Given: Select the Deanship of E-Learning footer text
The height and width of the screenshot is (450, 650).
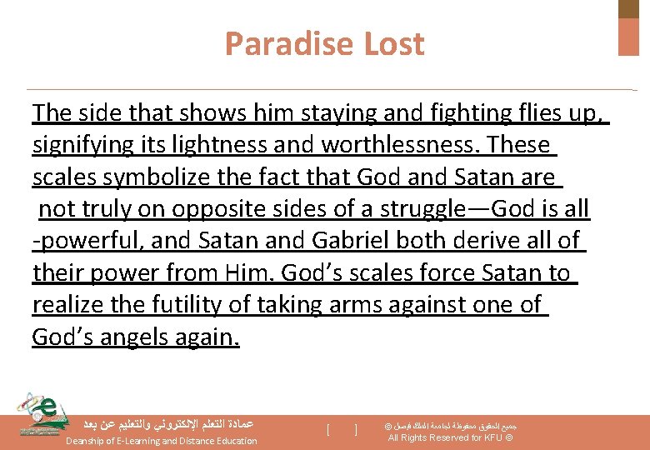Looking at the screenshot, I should coord(162,441).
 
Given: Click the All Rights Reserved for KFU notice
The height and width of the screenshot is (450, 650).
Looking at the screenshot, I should coord(451,437).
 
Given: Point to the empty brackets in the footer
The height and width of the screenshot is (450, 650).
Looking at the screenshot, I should coord(342,430).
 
